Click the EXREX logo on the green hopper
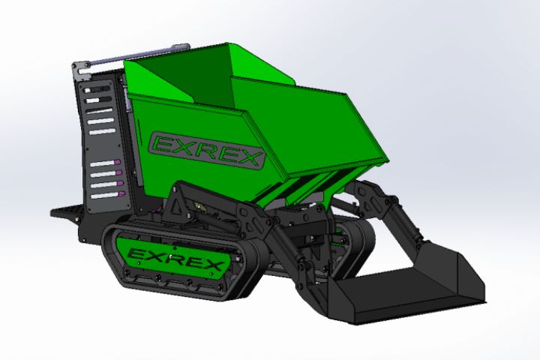tap(207, 150)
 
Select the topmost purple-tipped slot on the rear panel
tap(105, 163)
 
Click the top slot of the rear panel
tap(97, 89)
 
